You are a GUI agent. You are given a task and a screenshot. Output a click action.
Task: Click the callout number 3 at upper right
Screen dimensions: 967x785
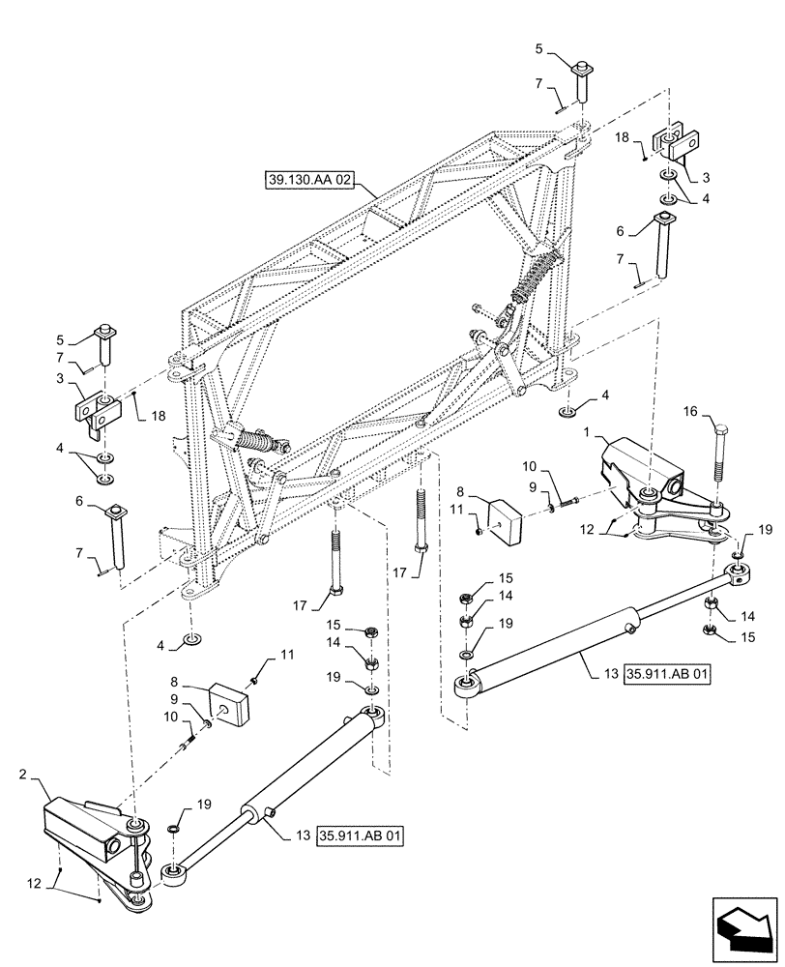tap(706, 177)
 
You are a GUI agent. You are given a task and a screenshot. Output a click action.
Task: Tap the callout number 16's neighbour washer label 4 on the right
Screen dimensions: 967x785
tap(604, 395)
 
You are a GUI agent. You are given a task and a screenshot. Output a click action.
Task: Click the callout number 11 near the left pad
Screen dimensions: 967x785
tap(285, 655)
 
